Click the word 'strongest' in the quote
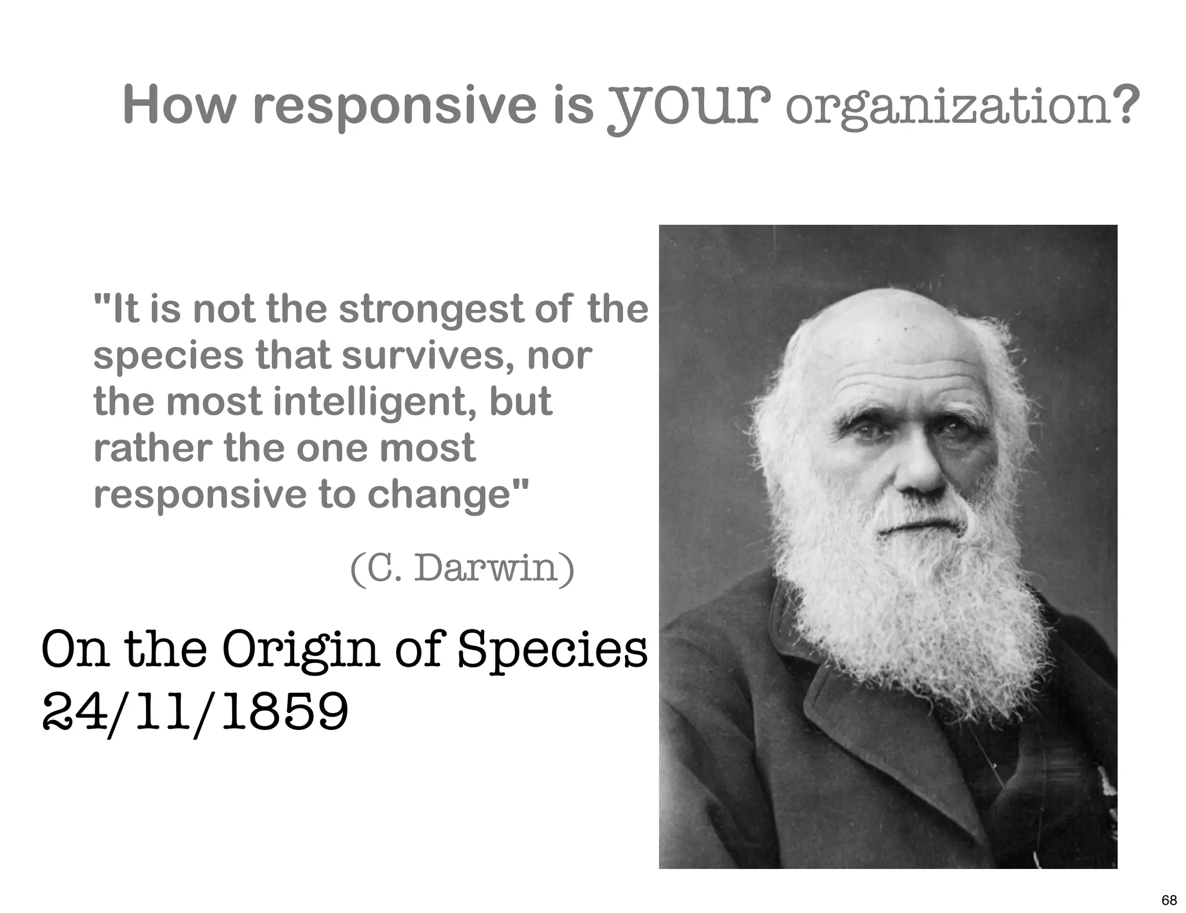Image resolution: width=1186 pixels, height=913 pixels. click(431, 309)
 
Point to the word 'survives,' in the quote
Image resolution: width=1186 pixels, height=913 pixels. click(428, 356)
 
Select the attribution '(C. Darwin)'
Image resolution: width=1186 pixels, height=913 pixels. click(462, 568)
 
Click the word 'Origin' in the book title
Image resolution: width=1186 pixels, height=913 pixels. click(301, 649)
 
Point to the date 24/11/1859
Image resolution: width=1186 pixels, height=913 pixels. click(196, 712)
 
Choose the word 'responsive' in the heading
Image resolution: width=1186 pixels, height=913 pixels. click(395, 105)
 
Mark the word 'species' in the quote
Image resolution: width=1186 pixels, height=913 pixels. click(169, 356)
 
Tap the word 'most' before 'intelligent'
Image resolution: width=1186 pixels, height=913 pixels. click(214, 402)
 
